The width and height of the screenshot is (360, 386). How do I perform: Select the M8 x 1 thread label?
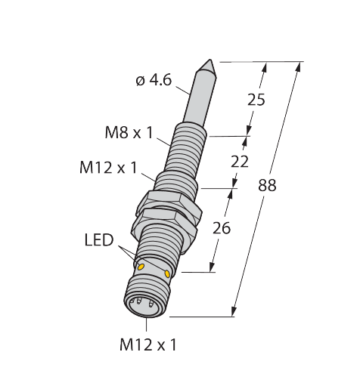(129, 134)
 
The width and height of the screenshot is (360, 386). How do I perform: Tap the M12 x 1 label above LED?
(108, 168)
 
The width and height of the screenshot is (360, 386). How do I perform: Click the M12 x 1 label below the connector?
(148, 345)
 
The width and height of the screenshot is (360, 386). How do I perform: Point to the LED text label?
(98, 241)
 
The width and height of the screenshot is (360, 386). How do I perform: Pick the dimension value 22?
(240, 162)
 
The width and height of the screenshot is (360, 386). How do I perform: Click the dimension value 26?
(221, 227)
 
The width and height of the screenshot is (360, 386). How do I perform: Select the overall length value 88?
(267, 185)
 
